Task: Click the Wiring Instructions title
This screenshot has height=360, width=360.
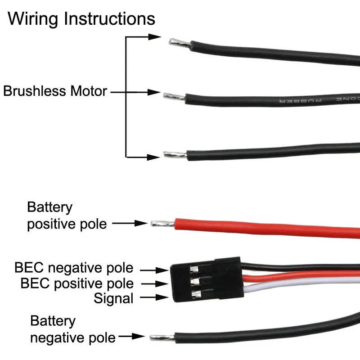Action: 81,19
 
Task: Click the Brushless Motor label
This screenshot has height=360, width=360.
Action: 55,91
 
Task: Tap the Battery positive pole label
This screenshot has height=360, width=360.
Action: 67,216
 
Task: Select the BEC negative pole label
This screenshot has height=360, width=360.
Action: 74,268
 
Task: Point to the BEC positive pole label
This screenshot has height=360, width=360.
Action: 77,283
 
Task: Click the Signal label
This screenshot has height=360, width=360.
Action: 113,298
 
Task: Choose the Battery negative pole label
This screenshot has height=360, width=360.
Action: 72,329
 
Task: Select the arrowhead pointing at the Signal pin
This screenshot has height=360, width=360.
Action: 163,297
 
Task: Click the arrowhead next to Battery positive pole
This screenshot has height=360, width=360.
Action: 143,223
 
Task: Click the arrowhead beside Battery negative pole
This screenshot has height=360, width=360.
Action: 140,336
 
